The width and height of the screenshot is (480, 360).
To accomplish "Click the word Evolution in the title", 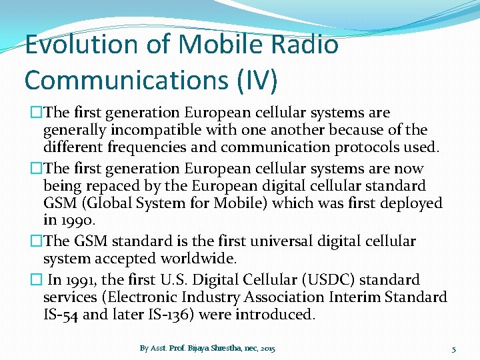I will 81,45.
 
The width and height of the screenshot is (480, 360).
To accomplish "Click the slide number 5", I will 453,349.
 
